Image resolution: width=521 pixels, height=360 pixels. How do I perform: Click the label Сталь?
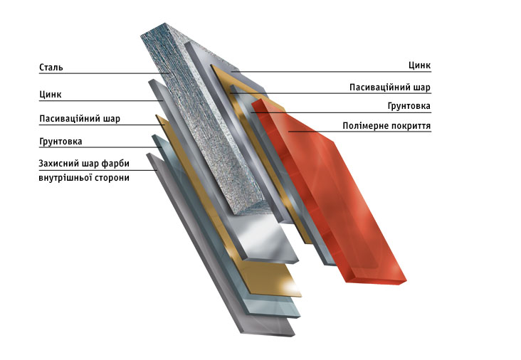(51, 68)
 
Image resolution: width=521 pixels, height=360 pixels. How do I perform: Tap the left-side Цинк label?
(50, 95)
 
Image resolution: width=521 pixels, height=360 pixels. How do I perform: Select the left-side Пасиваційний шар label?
(80, 119)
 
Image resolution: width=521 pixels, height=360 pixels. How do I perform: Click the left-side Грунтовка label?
(60, 142)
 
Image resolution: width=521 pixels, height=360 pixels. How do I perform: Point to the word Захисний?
(58, 164)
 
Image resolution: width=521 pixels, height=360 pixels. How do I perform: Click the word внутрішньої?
(65, 178)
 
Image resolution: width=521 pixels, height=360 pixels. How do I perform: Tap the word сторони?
(112, 178)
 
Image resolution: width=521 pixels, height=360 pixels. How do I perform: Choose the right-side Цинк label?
(419, 65)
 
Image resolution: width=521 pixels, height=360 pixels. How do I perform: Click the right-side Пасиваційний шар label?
(390, 88)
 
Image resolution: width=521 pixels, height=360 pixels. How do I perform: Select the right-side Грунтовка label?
(409, 106)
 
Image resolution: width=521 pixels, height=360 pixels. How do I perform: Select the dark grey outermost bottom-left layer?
(219, 245)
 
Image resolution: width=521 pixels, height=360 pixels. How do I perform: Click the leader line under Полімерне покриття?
(359, 132)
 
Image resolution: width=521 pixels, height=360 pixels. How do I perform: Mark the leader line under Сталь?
(105, 73)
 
